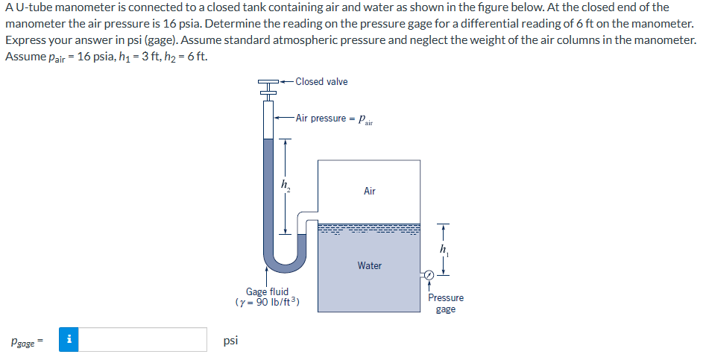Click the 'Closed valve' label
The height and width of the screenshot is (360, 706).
(321, 81)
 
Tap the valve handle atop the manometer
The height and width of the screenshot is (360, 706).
(268, 82)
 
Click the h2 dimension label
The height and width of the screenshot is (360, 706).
(285, 184)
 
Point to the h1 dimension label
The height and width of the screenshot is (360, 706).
(444, 248)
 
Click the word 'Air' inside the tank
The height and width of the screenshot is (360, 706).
(369, 192)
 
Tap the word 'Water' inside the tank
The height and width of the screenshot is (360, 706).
(369, 265)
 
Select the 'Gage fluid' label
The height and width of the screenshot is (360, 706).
(267, 291)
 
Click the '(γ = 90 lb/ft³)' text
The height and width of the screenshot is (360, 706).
(267, 303)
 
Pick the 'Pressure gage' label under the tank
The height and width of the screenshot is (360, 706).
(445, 303)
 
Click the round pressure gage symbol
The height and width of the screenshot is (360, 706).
(429, 276)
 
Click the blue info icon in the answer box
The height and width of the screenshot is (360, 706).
(69, 340)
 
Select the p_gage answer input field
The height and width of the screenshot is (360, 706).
(142, 340)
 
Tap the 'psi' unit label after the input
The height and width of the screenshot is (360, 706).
(231, 340)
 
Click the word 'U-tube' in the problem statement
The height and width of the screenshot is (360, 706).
(32, 7)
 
